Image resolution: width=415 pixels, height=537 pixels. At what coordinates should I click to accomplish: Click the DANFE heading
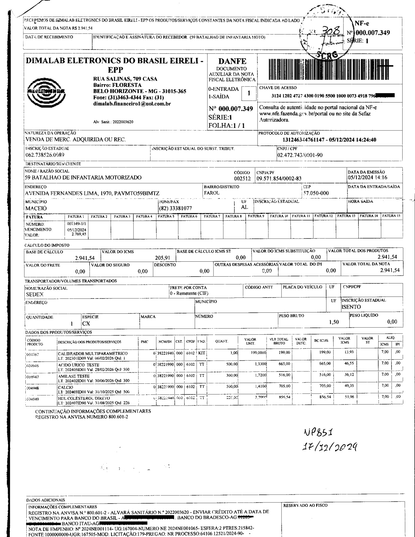(232, 61)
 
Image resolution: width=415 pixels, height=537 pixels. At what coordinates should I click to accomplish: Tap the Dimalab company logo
(46, 90)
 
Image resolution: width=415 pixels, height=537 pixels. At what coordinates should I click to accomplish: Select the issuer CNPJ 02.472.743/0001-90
(300, 155)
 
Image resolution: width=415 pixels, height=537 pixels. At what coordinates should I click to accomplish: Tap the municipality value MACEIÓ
(36, 208)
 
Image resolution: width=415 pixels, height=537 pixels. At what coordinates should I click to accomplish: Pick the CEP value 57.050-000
(316, 193)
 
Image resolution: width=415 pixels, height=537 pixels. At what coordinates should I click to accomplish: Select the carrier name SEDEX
(35, 295)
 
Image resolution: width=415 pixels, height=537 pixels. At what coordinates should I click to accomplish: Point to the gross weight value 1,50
(334, 322)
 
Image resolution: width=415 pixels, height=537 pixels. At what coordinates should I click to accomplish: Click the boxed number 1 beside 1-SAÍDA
(249, 93)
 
